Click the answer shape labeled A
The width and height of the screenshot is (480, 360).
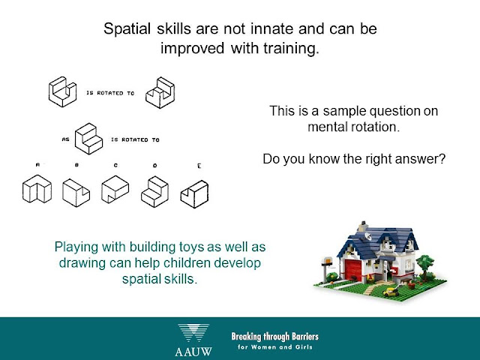click(x=37, y=189)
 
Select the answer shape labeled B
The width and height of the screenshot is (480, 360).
click(x=76, y=193)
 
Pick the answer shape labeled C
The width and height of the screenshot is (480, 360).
click(x=115, y=189)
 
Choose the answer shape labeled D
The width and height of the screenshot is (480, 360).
click(x=155, y=192)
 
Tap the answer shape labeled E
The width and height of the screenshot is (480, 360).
click(x=195, y=194)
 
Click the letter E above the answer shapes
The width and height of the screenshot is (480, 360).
click(x=199, y=166)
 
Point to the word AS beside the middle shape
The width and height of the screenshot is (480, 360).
click(x=66, y=139)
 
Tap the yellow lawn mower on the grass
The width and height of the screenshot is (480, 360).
click(x=391, y=291)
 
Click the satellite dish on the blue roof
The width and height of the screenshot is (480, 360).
click(x=367, y=236)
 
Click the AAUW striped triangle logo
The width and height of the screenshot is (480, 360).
click(x=193, y=333)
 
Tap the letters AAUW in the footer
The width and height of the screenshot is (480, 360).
click(x=193, y=352)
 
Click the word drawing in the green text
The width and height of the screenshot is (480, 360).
click(x=82, y=263)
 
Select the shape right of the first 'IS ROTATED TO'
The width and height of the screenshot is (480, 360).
click(x=160, y=92)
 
